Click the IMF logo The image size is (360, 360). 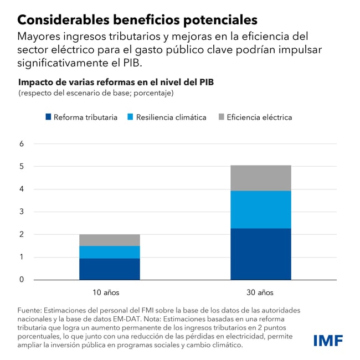point(328,340)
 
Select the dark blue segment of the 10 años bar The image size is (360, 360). point(109,269)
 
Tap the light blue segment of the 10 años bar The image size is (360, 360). point(109,252)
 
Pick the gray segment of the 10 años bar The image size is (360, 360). point(109,240)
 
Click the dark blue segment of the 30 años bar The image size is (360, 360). point(261,254)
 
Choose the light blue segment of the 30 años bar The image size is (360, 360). point(261,209)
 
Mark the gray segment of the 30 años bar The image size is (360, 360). point(261,178)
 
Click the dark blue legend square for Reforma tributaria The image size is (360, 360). point(48,117)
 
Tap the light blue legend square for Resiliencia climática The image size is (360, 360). point(131,117)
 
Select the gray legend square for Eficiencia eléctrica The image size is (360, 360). point(222,117)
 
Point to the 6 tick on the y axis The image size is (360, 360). point(22,143)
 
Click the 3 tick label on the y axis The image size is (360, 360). point(22,212)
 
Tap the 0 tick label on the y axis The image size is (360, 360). point(22,280)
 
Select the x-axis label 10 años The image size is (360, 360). point(106,292)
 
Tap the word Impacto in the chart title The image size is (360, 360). point(35,83)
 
